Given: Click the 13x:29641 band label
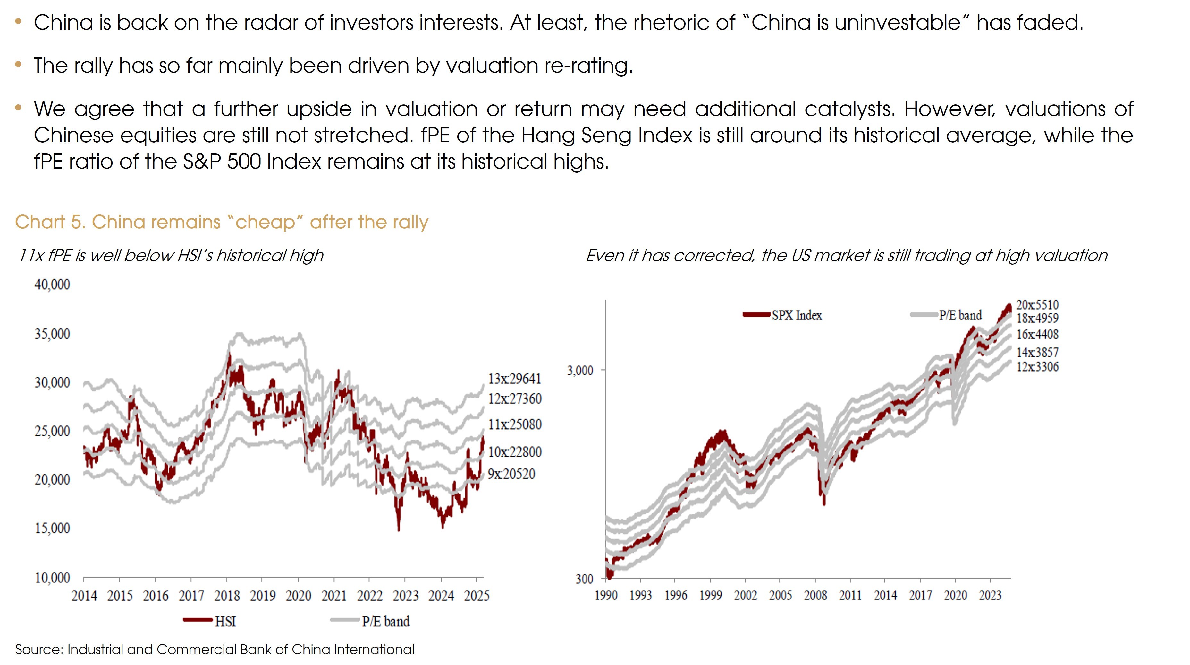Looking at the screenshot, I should [514, 379].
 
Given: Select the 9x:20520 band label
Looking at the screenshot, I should [511, 474].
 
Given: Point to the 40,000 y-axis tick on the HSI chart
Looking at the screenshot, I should [52, 284].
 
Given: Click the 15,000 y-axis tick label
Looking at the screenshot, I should [52, 528].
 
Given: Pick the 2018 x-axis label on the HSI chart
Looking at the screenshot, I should [227, 596].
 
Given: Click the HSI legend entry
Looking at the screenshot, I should [210, 621].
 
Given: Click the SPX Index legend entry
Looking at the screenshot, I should [783, 315].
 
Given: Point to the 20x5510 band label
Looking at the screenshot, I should [1037, 305].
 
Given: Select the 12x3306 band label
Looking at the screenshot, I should [1037, 367].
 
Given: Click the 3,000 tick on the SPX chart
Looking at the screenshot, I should [580, 371].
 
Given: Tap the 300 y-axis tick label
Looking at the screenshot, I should [584, 579].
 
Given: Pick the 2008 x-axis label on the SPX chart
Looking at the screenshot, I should [815, 595].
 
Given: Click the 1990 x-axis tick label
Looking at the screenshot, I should [606, 595].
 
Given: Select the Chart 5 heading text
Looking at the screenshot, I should [222, 222].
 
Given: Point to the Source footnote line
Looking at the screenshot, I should [215, 650].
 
